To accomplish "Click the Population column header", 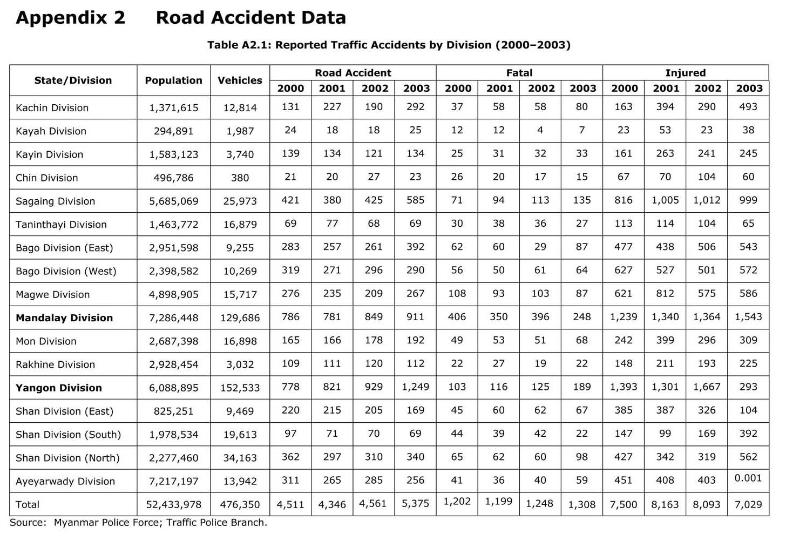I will [x=173, y=80].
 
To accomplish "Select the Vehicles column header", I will [x=240, y=80].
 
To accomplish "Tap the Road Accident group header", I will [x=353, y=73].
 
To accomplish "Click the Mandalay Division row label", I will [x=64, y=318].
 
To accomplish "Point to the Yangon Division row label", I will [x=58, y=388].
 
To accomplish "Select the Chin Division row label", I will [x=46, y=178].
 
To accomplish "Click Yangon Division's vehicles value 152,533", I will [x=240, y=388].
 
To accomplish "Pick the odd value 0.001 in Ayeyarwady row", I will [x=748, y=478].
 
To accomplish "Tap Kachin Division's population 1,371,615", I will [x=173, y=108].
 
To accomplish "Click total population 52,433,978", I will [x=173, y=505].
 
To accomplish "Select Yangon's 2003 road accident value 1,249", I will [x=415, y=387].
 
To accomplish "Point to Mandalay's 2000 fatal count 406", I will [x=457, y=317].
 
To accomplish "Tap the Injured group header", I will [x=685, y=73].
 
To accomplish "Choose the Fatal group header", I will [x=519, y=73].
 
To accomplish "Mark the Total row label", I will [x=28, y=505].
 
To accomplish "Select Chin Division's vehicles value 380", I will [x=240, y=178].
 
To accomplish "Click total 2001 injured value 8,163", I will [x=665, y=505].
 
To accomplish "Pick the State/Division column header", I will [x=73, y=80].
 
